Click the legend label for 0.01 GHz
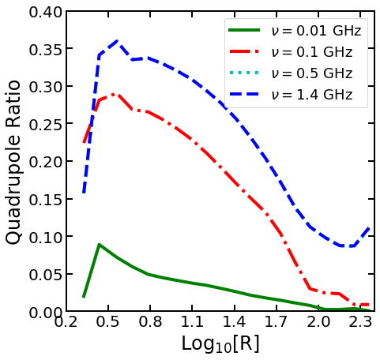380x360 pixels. [316, 32]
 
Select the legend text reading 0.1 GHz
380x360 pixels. [311, 53]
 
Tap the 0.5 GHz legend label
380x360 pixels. [311, 74]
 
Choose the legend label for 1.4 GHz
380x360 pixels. [311, 96]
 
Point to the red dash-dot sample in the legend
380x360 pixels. [245, 53]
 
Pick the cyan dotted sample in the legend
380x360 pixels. [245, 74]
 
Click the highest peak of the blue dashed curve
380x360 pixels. [117, 41]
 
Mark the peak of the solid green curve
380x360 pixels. [99, 245]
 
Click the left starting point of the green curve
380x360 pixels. [84, 297]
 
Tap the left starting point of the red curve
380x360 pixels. [84, 143]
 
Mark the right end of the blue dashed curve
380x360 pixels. [370, 227]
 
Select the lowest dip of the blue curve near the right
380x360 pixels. [348, 246]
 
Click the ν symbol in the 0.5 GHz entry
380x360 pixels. [275, 75]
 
